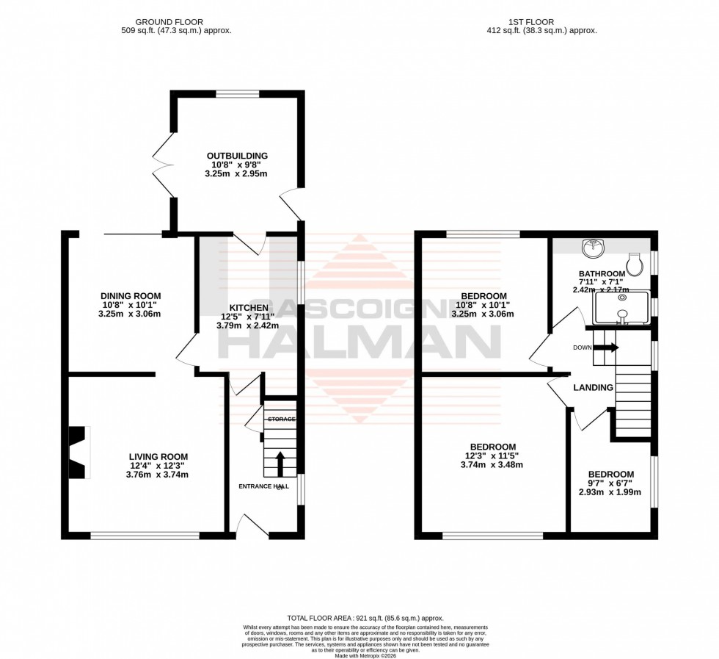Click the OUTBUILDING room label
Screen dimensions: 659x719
tap(236, 156)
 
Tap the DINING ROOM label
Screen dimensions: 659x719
tap(130, 296)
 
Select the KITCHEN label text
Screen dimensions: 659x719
tap(248, 308)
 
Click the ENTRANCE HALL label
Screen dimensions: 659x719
tap(263, 486)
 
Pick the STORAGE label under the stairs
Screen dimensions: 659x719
tap(281, 419)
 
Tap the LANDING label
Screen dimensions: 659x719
tap(593, 387)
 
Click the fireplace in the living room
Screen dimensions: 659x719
tap(78, 452)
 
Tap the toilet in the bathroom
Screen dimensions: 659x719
tap(634, 262)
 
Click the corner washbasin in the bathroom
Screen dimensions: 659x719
tap(593, 249)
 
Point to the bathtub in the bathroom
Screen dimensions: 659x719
tap(621, 308)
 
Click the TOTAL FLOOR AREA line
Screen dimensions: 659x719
tap(365, 619)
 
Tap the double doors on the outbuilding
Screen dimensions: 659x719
tap(163, 166)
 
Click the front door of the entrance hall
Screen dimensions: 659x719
tap(250, 525)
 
